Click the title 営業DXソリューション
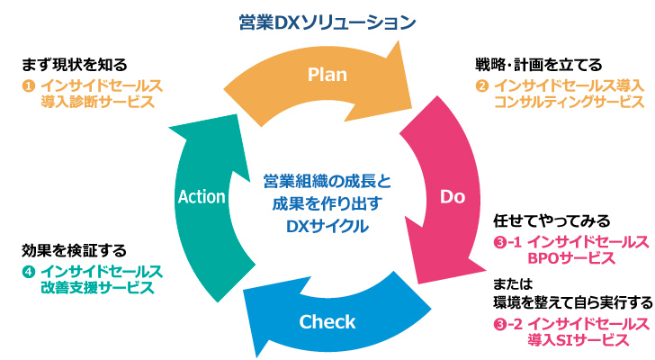pos(327,19)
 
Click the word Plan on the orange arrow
pos(327,75)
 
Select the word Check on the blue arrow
pos(327,321)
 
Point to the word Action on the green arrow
pos(202,196)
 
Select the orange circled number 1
pos(28,85)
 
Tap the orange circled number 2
pos(482,85)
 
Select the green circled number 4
pos(28,271)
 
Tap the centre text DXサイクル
pos(327,227)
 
